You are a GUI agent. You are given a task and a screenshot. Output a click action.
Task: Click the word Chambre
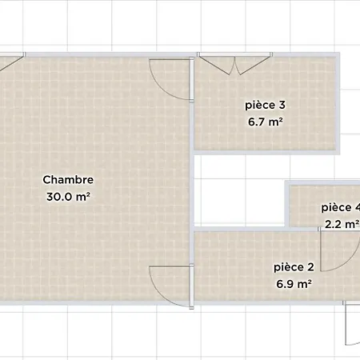click(x=68, y=180)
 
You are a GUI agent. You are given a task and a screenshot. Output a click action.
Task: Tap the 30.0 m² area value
click(x=68, y=197)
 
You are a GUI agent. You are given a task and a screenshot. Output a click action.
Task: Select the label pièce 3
click(x=265, y=105)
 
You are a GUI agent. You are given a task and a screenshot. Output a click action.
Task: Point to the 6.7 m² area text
click(x=265, y=122)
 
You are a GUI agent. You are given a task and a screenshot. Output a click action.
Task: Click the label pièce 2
click(x=294, y=267)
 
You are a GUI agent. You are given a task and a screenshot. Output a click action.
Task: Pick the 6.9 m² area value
click(x=294, y=284)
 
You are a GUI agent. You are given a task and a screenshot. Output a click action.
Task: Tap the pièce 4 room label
click(x=341, y=207)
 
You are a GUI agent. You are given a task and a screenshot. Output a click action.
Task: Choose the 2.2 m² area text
click(x=342, y=224)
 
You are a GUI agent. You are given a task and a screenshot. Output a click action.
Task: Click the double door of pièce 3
click(x=234, y=64)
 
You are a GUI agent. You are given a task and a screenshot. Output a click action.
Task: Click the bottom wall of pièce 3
click(x=266, y=152)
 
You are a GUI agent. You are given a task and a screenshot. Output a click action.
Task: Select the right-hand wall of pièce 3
click(x=338, y=103)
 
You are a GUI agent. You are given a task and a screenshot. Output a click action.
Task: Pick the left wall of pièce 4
click(x=287, y=204)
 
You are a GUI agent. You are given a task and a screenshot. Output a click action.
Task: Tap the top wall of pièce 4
click(x=322, y=183)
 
